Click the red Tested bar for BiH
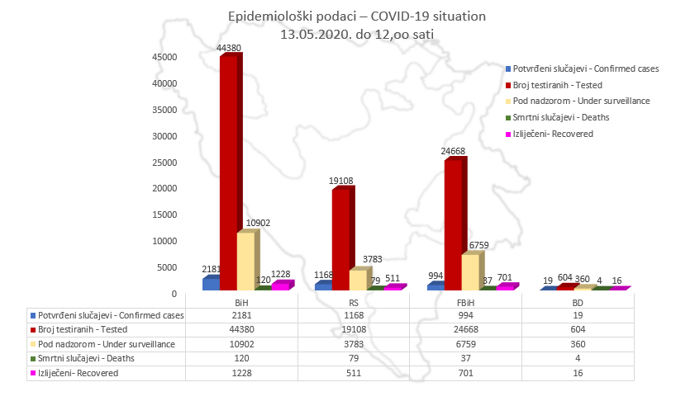click(x=229, y=173)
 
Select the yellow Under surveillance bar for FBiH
click(x=470, y=271)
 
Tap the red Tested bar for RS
click(x=341, y=239)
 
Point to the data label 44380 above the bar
click(x=229, y=49)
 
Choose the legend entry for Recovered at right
click(x=552, y=134)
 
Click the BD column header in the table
click(x=578, y=303)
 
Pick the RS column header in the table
click(x=354, y=303)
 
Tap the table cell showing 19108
click(x=354, y=329)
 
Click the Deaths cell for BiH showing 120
click(x=241, y=358)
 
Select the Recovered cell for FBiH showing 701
click(x=465, y=373)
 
